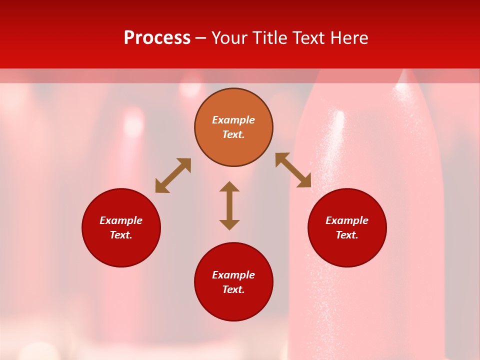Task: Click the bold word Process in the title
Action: [x=157, y=38]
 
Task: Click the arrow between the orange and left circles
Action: [x=173, y=175]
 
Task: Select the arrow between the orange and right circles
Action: [x=293, y=170]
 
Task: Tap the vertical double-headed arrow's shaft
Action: [x=229, y=205]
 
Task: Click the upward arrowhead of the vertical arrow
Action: [x=229, y=186]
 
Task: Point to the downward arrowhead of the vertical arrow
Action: [x=229, y=225]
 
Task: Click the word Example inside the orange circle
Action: [x=233, y=120]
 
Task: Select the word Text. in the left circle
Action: [x=121, y=235]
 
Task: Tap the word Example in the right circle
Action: [x=347, y=220]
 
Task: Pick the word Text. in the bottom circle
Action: [x=233, y=289]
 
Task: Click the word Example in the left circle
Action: [x=121, y=220]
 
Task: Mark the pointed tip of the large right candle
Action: [x=403, y=75]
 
